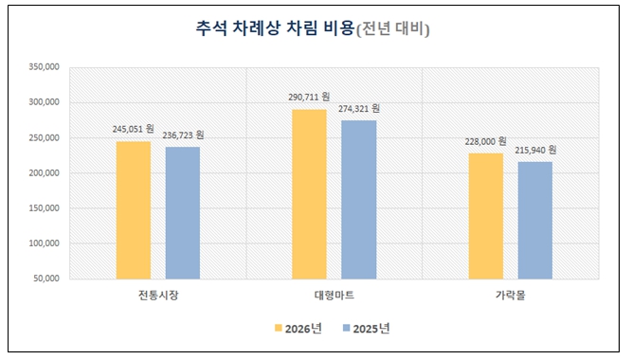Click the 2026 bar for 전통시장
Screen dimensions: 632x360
(x=134, y=210)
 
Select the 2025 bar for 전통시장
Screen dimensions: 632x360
(x=183, y=213)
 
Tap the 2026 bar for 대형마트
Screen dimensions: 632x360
(x=309, y=194)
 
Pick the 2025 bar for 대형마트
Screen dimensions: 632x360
(x=359, y=200)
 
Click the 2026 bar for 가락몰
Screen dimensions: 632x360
(x=486, y=216)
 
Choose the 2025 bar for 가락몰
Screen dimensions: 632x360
(x=534, y=221)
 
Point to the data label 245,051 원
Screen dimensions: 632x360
(x=133, y=129)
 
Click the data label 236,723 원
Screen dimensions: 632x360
(x=183, y=135)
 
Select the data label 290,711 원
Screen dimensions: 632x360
(x=309, y=98)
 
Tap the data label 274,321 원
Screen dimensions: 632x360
(x=359, y=108)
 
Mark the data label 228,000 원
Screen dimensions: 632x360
(x=485, y=141)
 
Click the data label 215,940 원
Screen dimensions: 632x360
(x=535, y=151)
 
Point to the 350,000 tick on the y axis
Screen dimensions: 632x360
(x=44, y=67)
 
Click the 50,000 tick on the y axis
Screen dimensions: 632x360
(x=45, y=279)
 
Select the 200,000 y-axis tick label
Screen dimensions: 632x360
(x=44, y=173)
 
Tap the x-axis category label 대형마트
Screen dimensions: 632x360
(x=334, y=296)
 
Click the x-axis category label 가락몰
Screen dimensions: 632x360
(x=511, y=296)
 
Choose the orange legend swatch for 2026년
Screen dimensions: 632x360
(x=279, y=328)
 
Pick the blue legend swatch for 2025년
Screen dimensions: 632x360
(x=346, y=328)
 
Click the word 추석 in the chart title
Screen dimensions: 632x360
(x=211, y=28)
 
